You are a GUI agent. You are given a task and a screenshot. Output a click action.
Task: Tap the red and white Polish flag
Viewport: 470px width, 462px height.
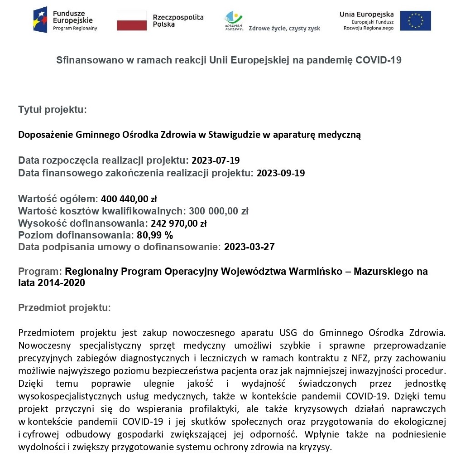tap(131, 21)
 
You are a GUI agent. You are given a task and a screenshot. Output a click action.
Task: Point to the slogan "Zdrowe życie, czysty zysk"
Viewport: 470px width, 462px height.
tap(284, 28)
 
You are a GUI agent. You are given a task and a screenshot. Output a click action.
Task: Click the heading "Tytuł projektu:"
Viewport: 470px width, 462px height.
tap(52, 109)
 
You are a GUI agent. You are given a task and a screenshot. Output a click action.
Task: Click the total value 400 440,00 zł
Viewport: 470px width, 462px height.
tap(129, 199)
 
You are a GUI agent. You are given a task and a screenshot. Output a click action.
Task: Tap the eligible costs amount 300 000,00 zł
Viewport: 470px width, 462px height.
tap(219, 211)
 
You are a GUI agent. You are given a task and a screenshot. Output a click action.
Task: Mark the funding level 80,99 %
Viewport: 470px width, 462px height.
tap(155, 235)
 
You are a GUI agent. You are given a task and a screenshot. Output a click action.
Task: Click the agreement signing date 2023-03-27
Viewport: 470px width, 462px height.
tap(249, 247)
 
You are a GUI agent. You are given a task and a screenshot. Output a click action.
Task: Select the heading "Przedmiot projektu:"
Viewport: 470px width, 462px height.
tap(64, 308)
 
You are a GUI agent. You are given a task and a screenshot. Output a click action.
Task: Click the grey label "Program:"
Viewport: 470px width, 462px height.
tap(40, 272)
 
